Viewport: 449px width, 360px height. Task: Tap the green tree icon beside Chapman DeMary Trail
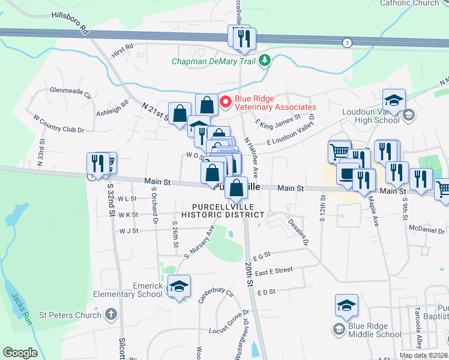(265, 61)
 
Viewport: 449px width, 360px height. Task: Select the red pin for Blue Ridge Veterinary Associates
(226, 102)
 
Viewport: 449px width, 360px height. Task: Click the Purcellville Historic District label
(223, 210)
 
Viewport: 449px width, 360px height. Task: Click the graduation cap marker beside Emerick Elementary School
(178, 287)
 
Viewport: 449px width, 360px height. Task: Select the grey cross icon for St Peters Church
(111, 314)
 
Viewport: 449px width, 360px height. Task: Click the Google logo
(20, 353)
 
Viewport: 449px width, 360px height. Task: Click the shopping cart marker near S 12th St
(339, 151)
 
